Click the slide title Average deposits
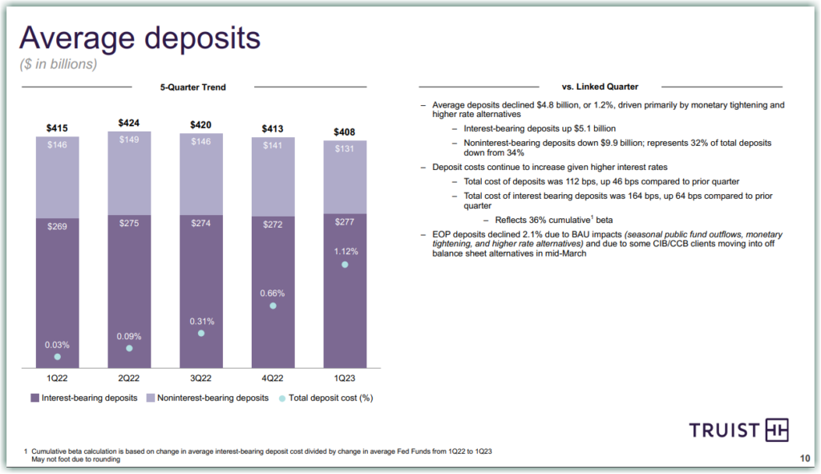point(140,38)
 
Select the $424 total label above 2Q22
point(128,123)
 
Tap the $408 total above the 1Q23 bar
point(345,132)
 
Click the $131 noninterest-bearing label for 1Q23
point(345,149)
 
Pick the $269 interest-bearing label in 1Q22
point(57,227)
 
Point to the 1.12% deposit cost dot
point(345,265)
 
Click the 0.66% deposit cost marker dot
point(273,306)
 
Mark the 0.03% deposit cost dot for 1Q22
point(57,357)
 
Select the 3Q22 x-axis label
point(200,377)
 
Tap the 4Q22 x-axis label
point(273,377)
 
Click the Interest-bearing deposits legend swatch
point(34,397)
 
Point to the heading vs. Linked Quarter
point(600,87)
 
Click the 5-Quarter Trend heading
point(193,87)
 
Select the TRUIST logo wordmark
point(724,430)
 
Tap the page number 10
point(805,459)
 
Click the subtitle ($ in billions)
point(58,64)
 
